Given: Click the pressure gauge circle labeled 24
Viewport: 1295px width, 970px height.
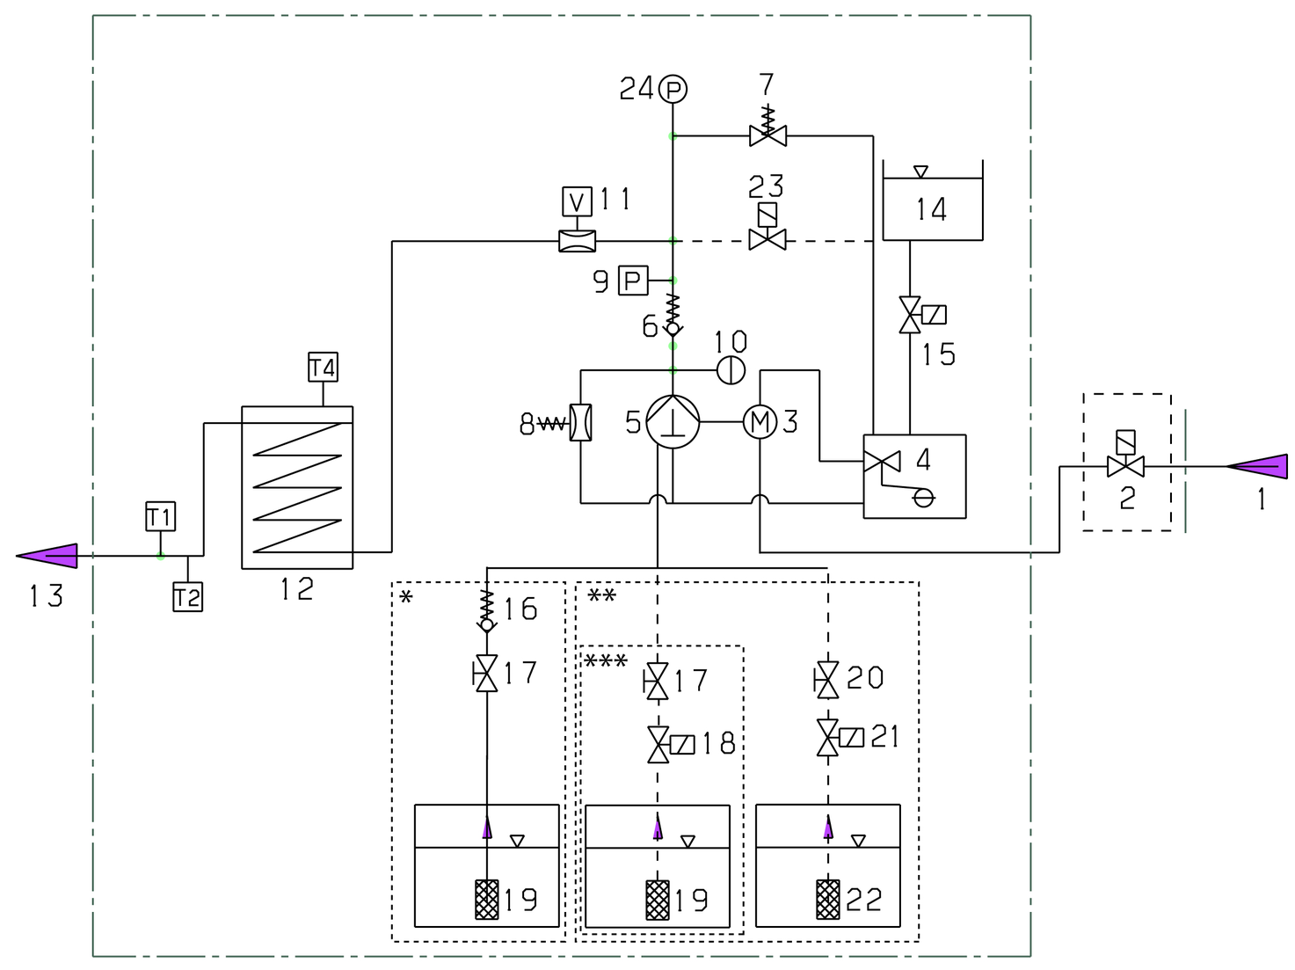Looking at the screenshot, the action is pos(673,89).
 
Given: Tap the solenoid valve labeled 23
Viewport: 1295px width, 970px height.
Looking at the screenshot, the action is pos(767,227).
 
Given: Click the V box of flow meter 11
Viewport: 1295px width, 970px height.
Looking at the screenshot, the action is pos(577,201).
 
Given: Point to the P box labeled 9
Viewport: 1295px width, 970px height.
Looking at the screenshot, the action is pos(633,281).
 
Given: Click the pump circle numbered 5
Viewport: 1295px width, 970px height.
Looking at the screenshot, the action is pos(673,422).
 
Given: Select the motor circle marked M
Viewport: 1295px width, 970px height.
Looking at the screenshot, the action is pos(760,422).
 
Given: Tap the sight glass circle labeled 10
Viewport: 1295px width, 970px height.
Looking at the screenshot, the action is pos(731,370).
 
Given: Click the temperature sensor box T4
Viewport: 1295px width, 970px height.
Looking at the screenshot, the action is pos(324,367).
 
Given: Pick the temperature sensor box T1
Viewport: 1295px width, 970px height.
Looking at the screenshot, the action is pos(161,516).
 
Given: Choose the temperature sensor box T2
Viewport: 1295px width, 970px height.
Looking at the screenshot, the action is pos(187,596).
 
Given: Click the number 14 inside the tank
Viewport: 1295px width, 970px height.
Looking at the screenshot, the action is pos(932,209).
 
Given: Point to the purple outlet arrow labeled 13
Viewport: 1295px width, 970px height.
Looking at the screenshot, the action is pos(47,556).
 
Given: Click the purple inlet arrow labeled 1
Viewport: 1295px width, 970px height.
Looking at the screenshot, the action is pos(1257,466).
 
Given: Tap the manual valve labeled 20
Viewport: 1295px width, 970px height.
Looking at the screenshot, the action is pos(826,681).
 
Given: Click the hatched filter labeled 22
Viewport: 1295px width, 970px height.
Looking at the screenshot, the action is pos(828,899).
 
